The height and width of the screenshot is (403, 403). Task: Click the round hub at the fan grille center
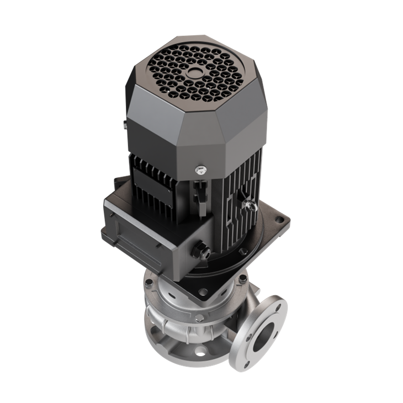pyautogui.click(x=195, y=72)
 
